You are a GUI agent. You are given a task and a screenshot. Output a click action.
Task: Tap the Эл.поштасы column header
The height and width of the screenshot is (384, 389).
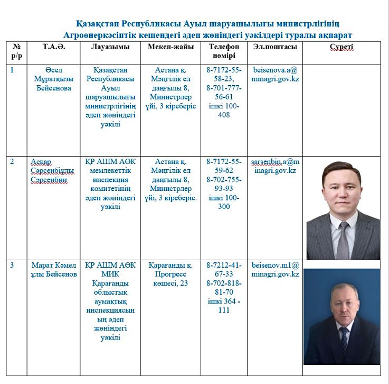coord(274,47)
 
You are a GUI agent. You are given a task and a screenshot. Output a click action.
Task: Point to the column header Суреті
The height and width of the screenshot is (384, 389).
coord(341,47)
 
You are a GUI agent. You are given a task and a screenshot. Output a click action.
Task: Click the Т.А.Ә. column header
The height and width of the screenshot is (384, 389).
coord(54,47)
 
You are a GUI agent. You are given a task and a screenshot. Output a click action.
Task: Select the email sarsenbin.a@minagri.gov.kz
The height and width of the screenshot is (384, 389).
coord(274,166)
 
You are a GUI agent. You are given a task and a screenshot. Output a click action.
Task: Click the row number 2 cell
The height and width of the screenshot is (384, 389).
coord(12,161)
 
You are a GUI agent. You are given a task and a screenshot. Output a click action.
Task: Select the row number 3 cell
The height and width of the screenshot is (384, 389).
coord(12,265)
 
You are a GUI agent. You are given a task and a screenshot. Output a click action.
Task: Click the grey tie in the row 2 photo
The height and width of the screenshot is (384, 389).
coord(343,238)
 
